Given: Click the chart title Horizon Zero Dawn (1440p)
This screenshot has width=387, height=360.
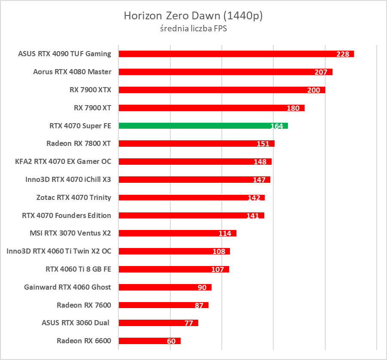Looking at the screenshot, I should (193, 16).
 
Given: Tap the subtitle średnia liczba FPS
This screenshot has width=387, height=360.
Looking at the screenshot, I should (193, 29).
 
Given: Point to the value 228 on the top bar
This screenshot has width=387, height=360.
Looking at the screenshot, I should (343, 54).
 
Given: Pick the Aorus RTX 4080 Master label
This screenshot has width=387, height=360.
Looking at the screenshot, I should (72, 72).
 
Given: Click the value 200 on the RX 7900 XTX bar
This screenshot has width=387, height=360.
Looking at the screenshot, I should (314, 90).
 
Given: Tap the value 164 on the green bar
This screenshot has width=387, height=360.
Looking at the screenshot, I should (277, 126).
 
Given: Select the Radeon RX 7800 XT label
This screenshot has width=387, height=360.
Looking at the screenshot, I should (79, 143).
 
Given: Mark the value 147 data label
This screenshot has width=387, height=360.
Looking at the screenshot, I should (259, 180).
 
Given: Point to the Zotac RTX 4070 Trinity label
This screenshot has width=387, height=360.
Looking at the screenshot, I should (74, 197).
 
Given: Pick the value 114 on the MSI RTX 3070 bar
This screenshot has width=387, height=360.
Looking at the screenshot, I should (225, 233).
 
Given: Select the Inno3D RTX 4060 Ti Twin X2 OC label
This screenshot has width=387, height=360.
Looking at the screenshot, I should (59, 251).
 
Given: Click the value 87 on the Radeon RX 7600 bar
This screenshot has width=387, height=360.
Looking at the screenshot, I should (199, 306).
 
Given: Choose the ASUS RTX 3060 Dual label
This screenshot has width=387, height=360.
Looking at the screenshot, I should (76, 323).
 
